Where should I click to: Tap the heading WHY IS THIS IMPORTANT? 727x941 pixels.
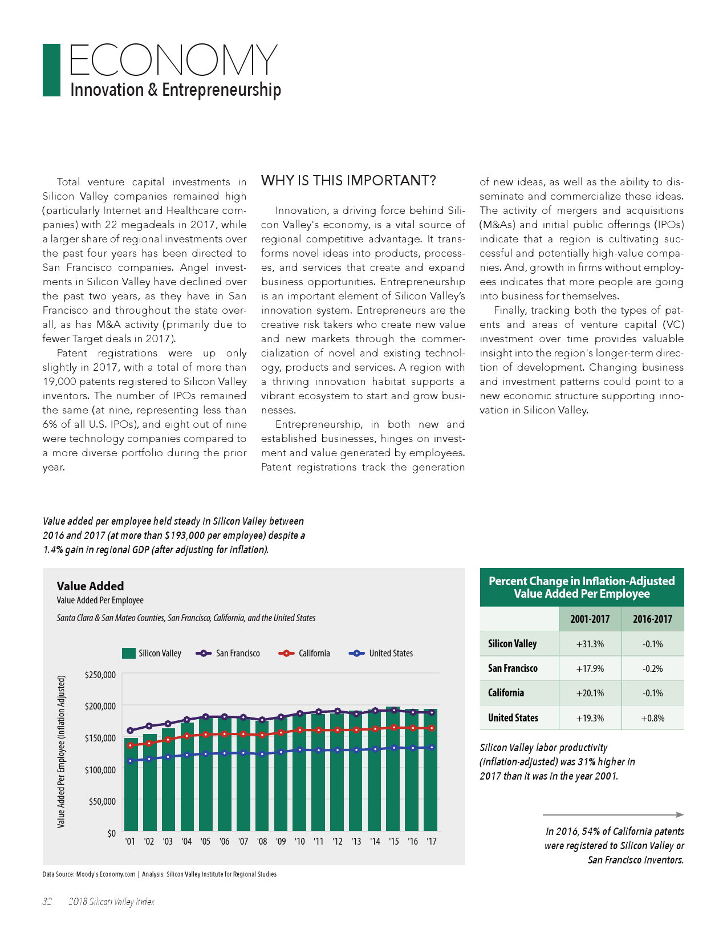(x=348, y=181)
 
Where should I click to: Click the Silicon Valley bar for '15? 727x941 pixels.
(x=393, y=770)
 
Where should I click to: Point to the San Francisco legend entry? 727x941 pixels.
(x=228, y=654)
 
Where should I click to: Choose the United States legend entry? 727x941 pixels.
(x=381, y=654)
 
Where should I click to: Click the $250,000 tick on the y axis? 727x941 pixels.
(x=100, y=675)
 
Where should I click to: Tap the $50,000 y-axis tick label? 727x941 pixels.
(x=102, y=801)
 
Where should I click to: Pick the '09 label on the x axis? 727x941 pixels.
(x=281, y=841)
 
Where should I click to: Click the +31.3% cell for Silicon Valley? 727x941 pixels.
(x=590, y=644)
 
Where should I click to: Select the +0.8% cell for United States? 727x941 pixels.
(x=652, y=718)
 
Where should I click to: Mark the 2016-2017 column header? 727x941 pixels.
(x=652, y=619)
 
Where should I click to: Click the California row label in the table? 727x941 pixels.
(x=506, y=693)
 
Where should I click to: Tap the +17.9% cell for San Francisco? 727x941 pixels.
(x=590, y=668)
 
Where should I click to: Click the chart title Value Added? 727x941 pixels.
(x=90, y=586)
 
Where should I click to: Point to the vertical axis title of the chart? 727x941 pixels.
(x=61, y=752)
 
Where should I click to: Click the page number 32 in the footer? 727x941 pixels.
(x=47, y=902)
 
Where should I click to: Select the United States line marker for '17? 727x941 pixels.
(x=432, y=747)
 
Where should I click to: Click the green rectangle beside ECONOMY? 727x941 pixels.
(x=51, y=70)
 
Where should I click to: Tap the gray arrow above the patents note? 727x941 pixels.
(x=613, y=814)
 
